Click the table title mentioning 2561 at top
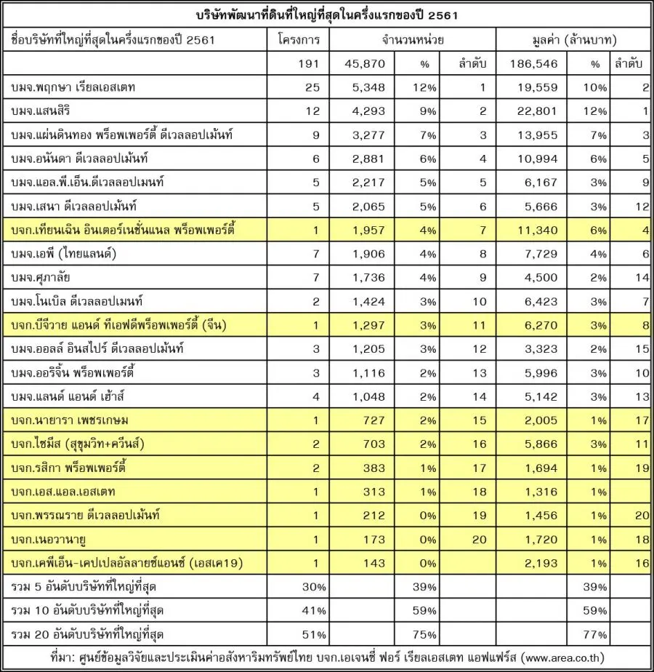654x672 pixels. [x=326, y=15]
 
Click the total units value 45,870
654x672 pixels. [x=370, y=64]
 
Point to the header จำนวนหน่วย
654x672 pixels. [x=412, y=39]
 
